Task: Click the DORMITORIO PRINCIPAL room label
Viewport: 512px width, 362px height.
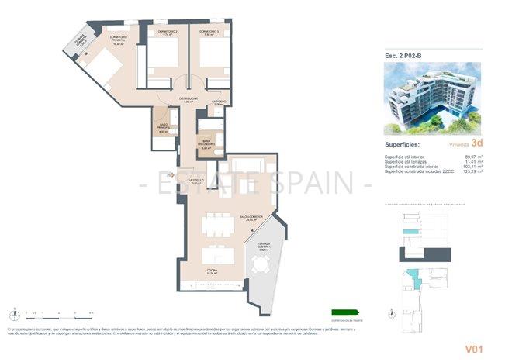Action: click(x=118, y=40)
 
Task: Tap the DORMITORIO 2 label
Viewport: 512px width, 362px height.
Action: click(x=168, y=33)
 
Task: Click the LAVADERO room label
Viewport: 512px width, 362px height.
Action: click(x=220, y=102)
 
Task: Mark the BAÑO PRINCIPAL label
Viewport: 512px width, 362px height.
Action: click(x=163, y=129)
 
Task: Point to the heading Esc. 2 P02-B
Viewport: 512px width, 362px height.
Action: click(x=403, y=55)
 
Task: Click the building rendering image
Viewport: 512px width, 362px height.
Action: click(x=433, y=98)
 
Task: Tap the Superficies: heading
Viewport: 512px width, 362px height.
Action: click(x=403, y=144)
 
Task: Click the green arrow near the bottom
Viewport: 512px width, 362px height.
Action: click(x=346, y=312)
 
